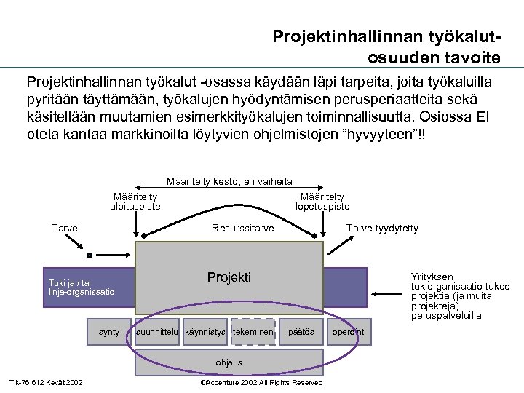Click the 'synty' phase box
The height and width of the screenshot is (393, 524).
(x=109, y=333)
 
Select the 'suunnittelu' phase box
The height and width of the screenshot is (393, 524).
(x=158, y=333)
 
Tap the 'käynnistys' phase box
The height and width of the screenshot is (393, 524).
(x=205, y=333)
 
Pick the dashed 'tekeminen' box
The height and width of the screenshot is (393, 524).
(x=253, y=333)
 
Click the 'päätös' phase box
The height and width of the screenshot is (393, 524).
(x=301, y=333)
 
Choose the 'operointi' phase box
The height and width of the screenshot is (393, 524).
(x=349, y=333)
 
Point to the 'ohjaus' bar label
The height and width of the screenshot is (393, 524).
(x=229, y=362)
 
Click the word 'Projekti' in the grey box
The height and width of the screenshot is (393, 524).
(x=229, y=277)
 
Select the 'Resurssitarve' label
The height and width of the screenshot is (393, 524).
(x=242, y=229)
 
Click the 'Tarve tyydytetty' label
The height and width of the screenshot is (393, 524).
(x=382, y=229)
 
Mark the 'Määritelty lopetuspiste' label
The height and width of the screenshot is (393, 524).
(x=322, y=202)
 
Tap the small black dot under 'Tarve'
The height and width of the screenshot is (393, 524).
(x=89, y=256)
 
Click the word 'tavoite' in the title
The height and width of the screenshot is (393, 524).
(x=467, y=57)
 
